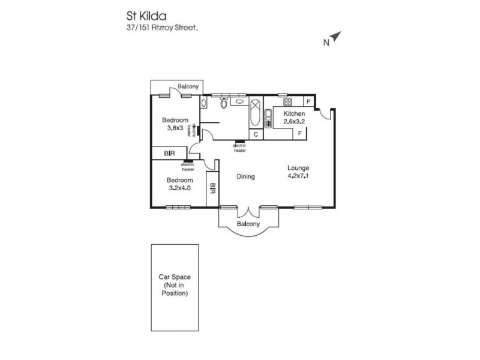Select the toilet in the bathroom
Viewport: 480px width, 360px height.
(x=223, y=103)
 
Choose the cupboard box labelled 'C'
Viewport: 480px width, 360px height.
(x=256, y=134)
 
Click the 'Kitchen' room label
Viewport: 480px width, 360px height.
(x=295, y=114)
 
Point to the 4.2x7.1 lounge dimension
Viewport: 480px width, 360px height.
(x=298, y=176)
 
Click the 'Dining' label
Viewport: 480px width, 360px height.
(x=245, y=177)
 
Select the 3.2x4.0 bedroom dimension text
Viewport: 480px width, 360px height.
(x=179, y=188)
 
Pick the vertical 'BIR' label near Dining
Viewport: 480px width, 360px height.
(x=212, y=189)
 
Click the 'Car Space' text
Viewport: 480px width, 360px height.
(x=175, y=277)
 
